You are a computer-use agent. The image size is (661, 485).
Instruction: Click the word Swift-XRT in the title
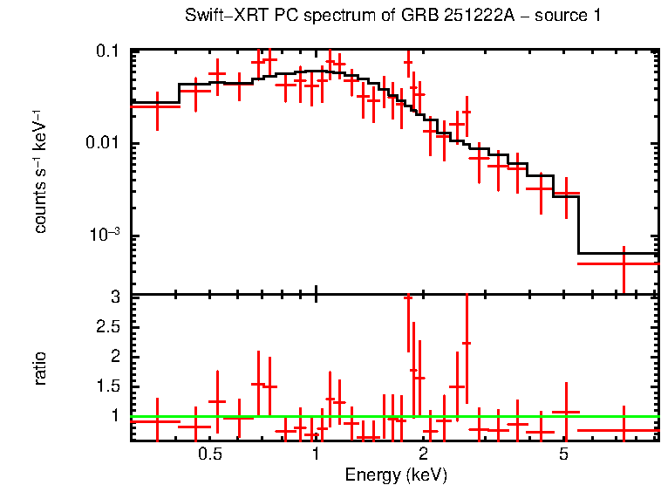click(x=222, y=16)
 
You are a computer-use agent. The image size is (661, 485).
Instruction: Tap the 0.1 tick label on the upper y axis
click(x=107, y=51)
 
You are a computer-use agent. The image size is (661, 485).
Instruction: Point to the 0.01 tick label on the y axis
click(x=103, y=143)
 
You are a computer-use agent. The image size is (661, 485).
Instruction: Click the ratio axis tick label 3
click(x=114, y=297)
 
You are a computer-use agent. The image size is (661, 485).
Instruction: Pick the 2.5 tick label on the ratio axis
click(x=107, y=326)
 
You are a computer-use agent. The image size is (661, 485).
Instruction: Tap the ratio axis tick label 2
click(x=114, y=356)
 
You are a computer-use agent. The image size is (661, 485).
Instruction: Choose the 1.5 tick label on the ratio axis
click(x=107, y=386)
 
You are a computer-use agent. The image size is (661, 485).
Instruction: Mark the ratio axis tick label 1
click(x=114, y=415)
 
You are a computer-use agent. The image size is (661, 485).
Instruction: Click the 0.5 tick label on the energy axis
click(x=209, y=454)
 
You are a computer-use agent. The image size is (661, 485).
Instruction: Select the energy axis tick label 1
click(x=316, y=454)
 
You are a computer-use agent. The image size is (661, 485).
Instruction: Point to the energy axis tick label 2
click(x=423, y=454)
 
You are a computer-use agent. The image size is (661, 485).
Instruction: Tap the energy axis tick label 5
click(x=564, y=454)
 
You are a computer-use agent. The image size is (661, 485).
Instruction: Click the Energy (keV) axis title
click(x=396, y=475)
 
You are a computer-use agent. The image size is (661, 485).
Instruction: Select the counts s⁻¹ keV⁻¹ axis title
click(x=41, y=171)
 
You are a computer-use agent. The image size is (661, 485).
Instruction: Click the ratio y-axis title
click(x=41, y=368)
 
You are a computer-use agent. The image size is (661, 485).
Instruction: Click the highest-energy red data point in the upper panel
click(x=624, y=263)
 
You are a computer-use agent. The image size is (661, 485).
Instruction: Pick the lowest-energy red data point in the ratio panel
click(x=156, y=421)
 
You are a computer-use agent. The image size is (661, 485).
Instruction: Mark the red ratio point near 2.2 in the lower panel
click(x=467, y=343)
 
